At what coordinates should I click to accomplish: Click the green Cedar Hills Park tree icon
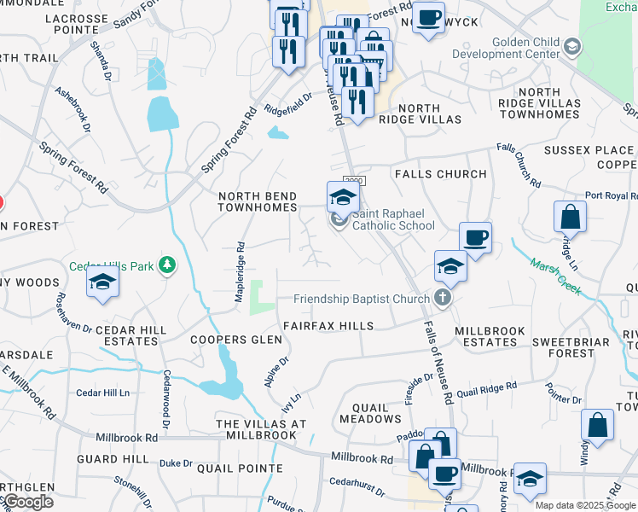click(169, 266)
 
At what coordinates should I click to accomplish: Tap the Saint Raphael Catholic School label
click(393, 219)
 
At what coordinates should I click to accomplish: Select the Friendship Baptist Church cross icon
click(441, 299)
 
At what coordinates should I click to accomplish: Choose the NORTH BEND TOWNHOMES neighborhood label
click(258, 201)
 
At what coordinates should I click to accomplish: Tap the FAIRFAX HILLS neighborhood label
click(328, 326)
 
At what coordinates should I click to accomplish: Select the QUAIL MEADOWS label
click(370, 412)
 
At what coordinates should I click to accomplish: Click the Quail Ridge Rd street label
click(486, 389)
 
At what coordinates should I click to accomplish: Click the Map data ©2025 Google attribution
click(585, 505)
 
